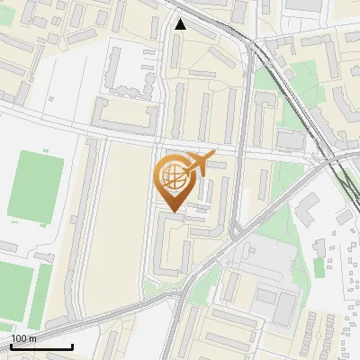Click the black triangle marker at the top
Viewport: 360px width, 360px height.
tap(181, 24)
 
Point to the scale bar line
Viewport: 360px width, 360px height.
tap(41, 347)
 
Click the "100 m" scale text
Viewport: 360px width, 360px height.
tap(23, 338)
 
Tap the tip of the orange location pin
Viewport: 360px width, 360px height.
tap(172, 213)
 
